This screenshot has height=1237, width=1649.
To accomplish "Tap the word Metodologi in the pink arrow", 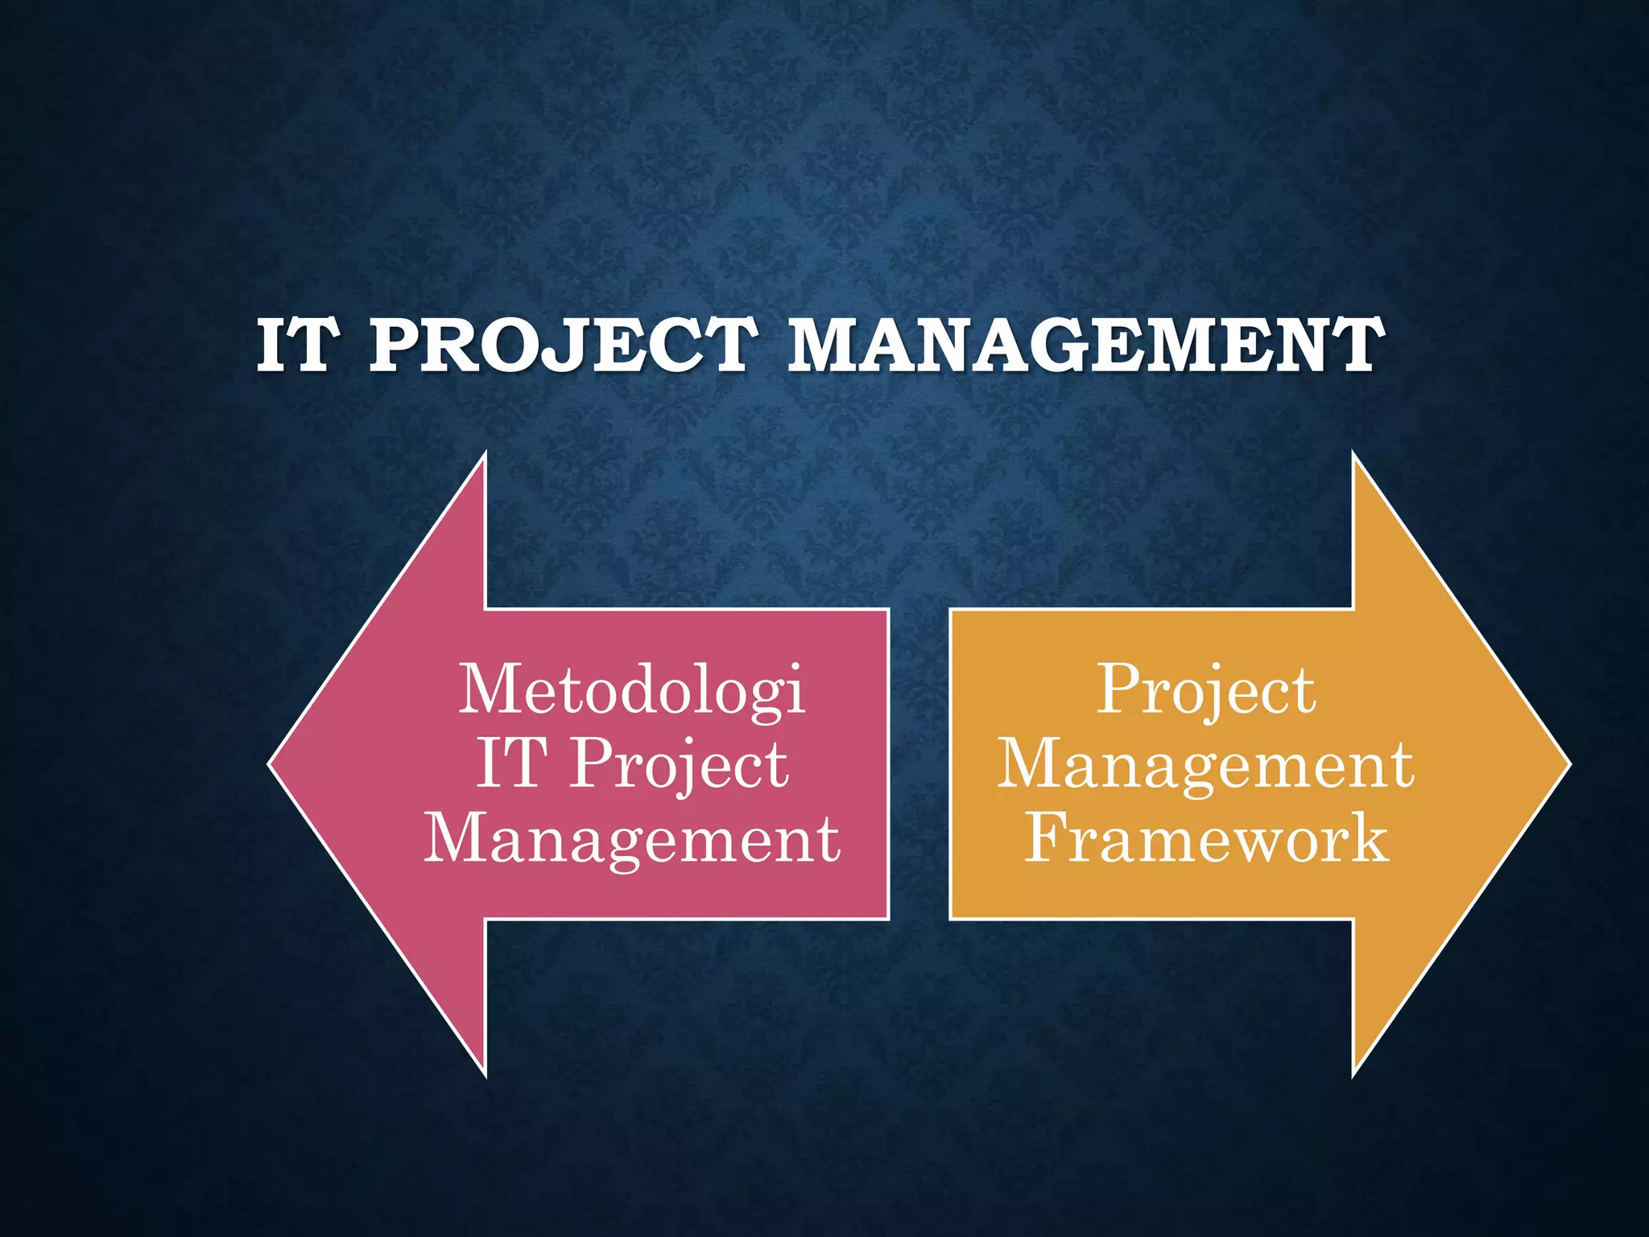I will pos(632,689).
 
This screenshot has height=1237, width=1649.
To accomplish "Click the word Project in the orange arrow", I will pos(1206,689).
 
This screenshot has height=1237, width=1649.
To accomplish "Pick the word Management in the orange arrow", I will pos(1205,765).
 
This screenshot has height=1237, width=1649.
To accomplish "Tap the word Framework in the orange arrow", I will pos(1206,838).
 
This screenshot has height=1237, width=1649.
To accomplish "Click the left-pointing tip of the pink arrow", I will pos(271,763).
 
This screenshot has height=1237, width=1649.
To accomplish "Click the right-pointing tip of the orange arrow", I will pos(1568,763).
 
